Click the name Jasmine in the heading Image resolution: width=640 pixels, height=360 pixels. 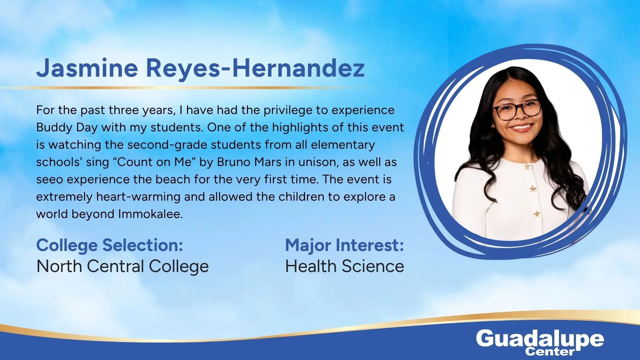[87, 68]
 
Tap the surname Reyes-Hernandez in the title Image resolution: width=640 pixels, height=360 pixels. [255, 68]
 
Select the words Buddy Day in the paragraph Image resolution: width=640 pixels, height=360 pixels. [67, 128]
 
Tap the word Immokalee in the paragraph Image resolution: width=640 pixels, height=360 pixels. [150, 214]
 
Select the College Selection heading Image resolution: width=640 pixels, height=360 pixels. [110, 245]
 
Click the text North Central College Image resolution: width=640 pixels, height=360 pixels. [123, 266]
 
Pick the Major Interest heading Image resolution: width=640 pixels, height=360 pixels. [345, 245]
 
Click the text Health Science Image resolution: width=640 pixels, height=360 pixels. [345, 266]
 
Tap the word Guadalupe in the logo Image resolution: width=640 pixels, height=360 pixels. [540, 339]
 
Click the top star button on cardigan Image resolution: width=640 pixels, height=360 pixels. [527, 166]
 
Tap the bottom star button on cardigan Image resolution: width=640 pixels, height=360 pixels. [537, 214]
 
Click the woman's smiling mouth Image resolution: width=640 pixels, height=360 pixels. [522, 127]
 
